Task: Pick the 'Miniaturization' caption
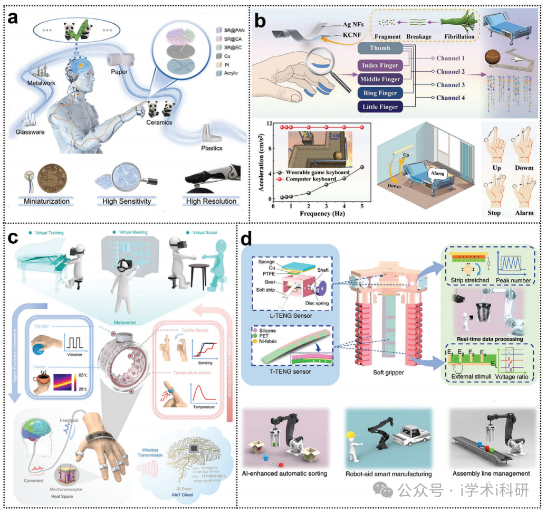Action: click(47, 201)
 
